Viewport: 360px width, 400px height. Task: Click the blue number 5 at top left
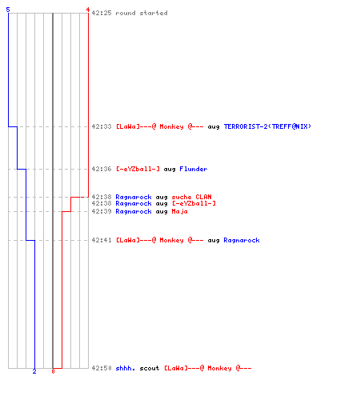tap(8, 10)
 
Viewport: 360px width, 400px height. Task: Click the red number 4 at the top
tap(87, 10)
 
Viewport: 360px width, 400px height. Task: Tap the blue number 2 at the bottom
tap(34, 371)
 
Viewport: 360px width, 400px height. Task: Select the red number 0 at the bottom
tap(53, 371)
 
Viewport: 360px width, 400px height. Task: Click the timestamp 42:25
tap(102, 13)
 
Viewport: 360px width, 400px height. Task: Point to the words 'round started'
tap(142, 13)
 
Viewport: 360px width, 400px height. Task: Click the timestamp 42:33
tap(102, 126)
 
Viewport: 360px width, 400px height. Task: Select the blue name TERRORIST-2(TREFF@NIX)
tap(267, 126)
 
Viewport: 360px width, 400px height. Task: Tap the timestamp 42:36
tap(102, 169)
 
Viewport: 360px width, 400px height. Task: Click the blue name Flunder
tap(194, 169)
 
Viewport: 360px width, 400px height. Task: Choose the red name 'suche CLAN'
tap(191, 197)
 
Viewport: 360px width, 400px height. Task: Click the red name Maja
tap(179, 211)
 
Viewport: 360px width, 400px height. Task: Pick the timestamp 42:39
tap(102, 211)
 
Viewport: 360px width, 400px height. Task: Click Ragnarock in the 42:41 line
tap(242, 240)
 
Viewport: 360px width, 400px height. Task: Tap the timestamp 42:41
tap(102, 240)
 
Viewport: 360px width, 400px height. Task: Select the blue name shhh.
tap(126, 368)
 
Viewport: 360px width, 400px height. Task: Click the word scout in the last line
tap(150, 368)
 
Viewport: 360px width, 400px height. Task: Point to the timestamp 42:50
tap(102, 368)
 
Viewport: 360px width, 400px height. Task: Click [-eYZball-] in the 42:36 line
tap(138, 169)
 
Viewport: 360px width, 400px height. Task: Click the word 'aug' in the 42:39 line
tap(162, 212)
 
